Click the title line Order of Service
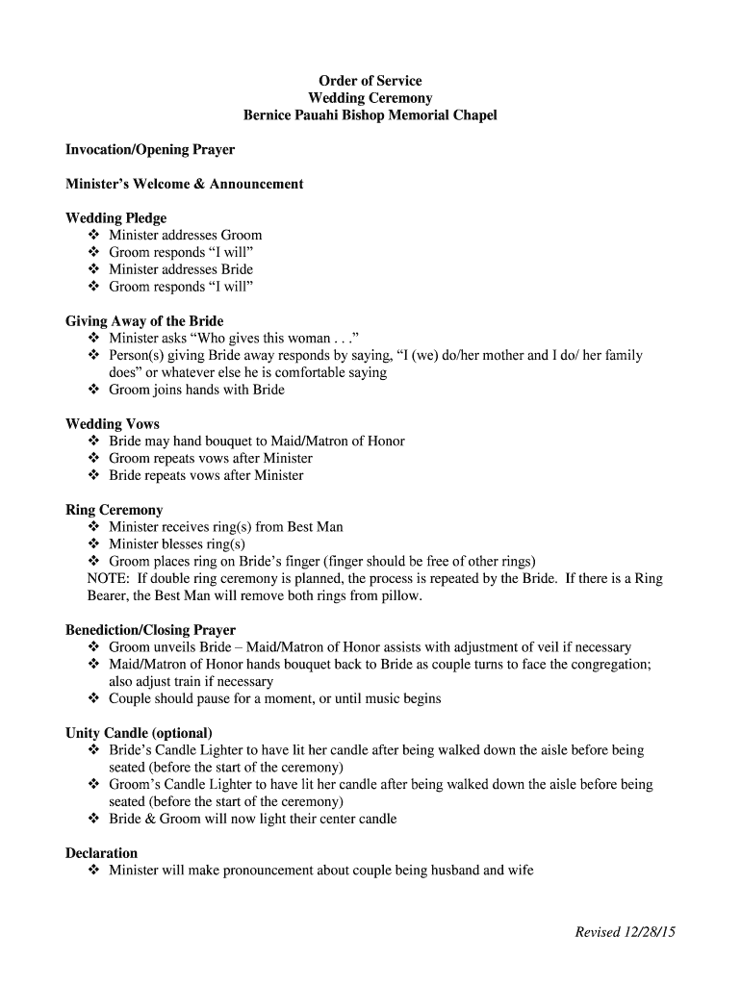pos(370,81)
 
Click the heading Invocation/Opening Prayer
pos(150,150)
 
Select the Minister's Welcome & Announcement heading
pos(184,184)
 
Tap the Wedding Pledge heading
pos(115,218)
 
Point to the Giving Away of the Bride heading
pos(144,321)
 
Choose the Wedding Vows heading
pos(113,424)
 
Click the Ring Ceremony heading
pos(114,510)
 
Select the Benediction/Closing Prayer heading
pos(150,630)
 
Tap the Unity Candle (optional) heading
pos(139,733)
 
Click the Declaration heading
pos(101,853)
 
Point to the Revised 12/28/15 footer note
pos(626,932)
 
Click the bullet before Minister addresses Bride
pos(93,270)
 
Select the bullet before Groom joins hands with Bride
pos(93,391)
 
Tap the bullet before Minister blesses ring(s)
pos(93,544)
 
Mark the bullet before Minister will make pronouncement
pos(93,871)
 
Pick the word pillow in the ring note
pos(399,596)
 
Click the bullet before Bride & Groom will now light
pos(93,820)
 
